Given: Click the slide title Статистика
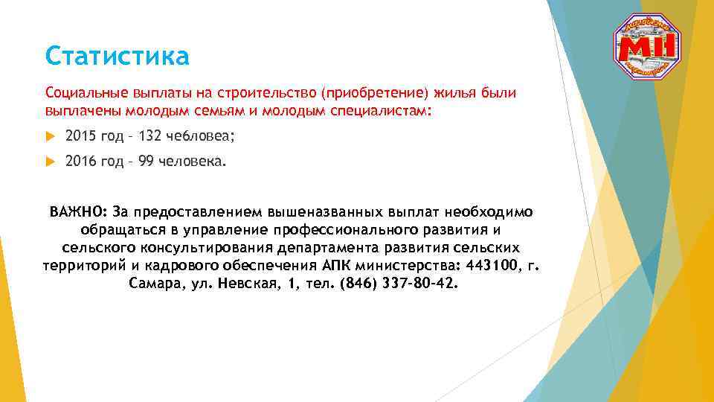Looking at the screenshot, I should point(117,56).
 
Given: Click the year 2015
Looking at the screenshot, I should point(80,135).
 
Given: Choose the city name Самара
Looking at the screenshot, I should point(154,284).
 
